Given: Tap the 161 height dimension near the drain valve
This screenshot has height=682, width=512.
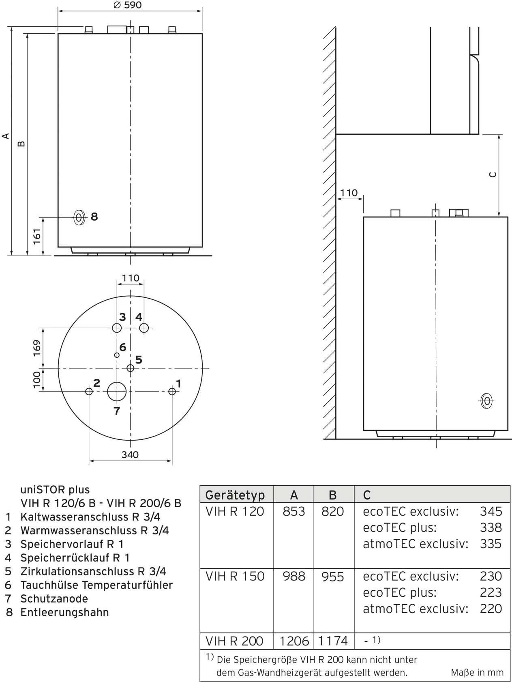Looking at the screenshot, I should tap(37, 236).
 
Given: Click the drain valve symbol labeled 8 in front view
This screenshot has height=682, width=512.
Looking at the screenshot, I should tap(79, 217).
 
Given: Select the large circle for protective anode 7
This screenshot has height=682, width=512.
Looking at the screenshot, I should tap(117, 392).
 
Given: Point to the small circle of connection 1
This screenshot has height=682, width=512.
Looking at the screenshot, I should tap(172, 391).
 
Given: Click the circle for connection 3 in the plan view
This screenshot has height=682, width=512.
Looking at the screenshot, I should tap(117, 328).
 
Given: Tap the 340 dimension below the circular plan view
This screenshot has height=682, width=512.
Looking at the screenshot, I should tap(130, 455).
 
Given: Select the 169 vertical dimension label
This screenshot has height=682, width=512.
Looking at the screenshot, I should tap(37, 348).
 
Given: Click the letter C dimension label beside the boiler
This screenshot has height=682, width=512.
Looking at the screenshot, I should tap(493, 174).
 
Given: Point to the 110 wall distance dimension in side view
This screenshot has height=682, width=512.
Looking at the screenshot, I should tap(349, 193).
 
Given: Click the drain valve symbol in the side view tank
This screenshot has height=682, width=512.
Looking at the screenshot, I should tap(486, 401).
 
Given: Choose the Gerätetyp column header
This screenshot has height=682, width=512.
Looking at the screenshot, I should tap(235, 495).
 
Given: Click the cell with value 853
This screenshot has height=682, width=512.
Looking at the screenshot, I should tap(294, 511).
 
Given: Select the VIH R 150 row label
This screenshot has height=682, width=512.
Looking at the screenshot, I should tap(235, 576).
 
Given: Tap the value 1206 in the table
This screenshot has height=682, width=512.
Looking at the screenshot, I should tap(294, 641).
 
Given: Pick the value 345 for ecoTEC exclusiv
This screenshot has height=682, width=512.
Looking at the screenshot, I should tap(491, 511).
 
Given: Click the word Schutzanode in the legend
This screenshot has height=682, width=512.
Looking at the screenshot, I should tap(54, 598).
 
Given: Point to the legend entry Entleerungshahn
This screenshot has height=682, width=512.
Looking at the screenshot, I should tap(64, 612).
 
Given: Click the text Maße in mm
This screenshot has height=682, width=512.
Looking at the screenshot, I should tap(477, 672).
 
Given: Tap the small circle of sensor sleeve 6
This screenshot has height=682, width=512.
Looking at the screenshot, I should tap(117, 355).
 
